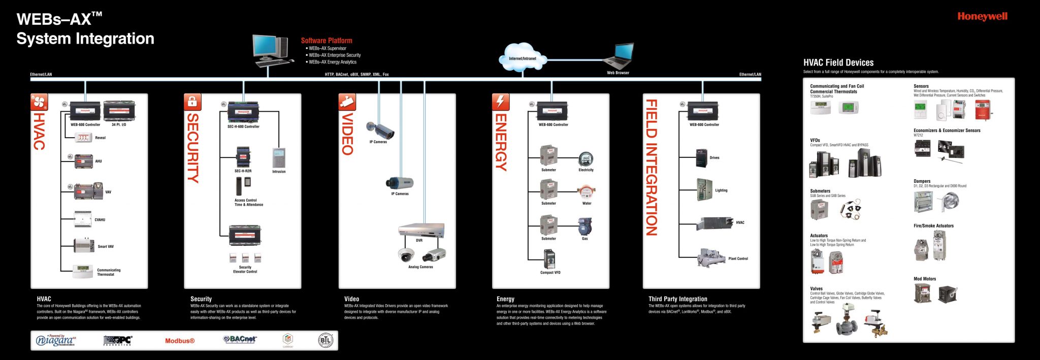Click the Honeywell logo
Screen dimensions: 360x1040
[x=982, y=16]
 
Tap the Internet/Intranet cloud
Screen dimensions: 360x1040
[x=523, y=56]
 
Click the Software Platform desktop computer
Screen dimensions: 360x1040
[x=271, y=50]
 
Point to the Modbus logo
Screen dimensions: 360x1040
[x=180, y=341]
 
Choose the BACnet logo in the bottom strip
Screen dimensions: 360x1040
[x=240, y=339]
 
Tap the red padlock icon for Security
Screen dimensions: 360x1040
[x=192, y=102]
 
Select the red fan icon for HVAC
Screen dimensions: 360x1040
[x=39, y=102]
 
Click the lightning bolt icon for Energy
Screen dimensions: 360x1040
[x=500, y=102]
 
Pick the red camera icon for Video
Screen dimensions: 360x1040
[x=347, y=102]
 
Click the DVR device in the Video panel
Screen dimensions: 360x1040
[x=421, y=230]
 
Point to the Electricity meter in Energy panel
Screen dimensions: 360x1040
[x=586, y=159]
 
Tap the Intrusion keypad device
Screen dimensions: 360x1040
[x=279, y=158]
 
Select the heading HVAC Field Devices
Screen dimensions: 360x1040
[x=838, y=63]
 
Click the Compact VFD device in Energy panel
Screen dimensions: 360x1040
[x=549, y=259]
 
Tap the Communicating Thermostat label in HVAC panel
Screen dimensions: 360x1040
[x=109, y=272]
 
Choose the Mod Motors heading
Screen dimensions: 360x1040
[x=924, y=279]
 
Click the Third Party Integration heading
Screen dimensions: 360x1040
[x=677, y=299]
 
